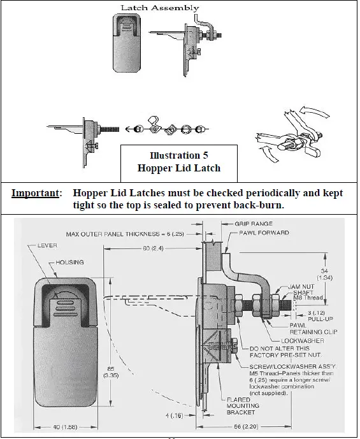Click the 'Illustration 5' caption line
(178, 155)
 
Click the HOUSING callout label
(71, 262)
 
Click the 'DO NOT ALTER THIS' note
(282, 349)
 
